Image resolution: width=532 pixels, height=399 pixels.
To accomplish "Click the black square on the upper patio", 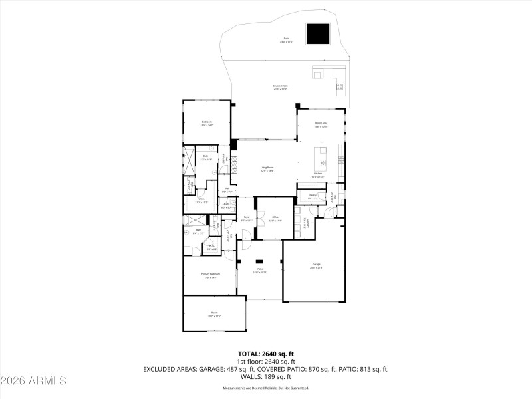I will point(319,33).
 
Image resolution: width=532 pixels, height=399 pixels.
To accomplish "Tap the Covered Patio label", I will point(280,86).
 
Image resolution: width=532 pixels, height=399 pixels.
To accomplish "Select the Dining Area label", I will point(321,124).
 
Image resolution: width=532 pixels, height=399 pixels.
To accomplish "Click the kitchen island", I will point(323,162).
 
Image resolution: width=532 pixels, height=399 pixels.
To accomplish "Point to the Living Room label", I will point(267,169).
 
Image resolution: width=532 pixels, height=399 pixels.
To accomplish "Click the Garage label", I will point(316,265).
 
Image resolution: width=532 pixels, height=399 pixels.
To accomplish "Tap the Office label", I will point(275,217).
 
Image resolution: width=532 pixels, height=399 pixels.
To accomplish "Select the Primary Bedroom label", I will point(210,273).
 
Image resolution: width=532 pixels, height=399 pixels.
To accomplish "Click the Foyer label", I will point(246,217).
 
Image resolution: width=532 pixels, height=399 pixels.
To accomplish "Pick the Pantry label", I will point(312,195).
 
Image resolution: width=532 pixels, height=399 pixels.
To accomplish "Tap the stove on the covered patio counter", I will point(339,86).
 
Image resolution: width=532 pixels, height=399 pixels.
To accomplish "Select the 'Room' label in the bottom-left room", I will point(214,313).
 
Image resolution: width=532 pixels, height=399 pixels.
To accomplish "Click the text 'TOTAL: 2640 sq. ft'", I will point(265,354).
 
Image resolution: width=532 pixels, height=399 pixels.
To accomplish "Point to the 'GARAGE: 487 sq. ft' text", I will point(227,368).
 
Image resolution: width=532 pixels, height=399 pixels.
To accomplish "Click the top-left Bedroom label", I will point(207,122).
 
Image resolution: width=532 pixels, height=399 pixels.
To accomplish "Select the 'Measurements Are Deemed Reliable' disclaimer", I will point(265,388).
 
